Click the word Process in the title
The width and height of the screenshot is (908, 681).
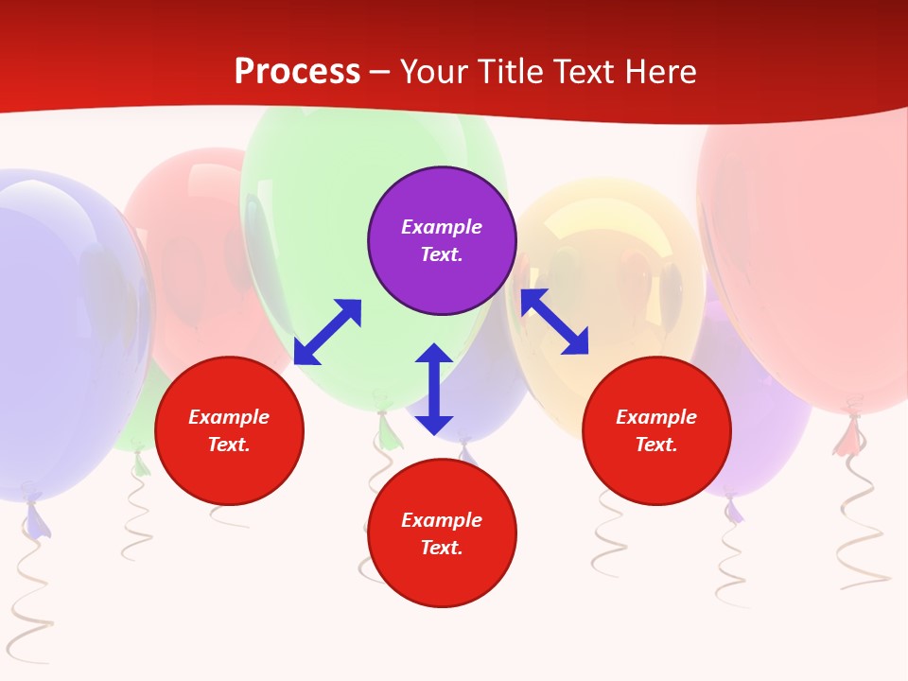(x=297, y=71)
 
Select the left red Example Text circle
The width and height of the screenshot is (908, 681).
(x=229, y=430)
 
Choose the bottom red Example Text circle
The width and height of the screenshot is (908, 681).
(x=442, y=533)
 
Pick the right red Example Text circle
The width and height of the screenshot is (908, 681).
(x=656, y=430)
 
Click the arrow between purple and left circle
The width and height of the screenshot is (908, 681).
(x=327, y=332)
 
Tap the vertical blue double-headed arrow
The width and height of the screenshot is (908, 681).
(x=434, y=389)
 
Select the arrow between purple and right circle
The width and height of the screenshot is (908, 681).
(x=554, y=322)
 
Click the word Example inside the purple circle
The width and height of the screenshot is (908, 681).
(x=442, y=227)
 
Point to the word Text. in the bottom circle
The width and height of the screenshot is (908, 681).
(x=442, y=548)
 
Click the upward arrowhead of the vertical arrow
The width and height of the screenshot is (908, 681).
(x=434, y=356)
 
